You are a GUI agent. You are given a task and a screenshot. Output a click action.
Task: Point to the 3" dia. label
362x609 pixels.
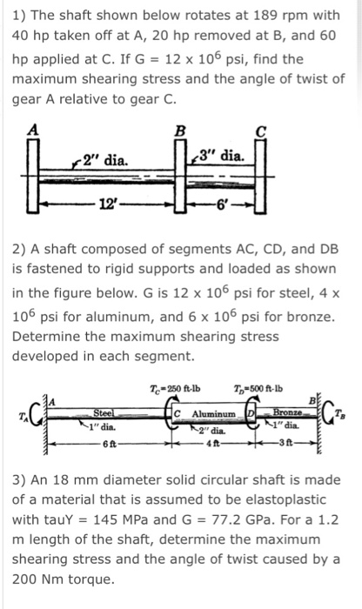[228, 157]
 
